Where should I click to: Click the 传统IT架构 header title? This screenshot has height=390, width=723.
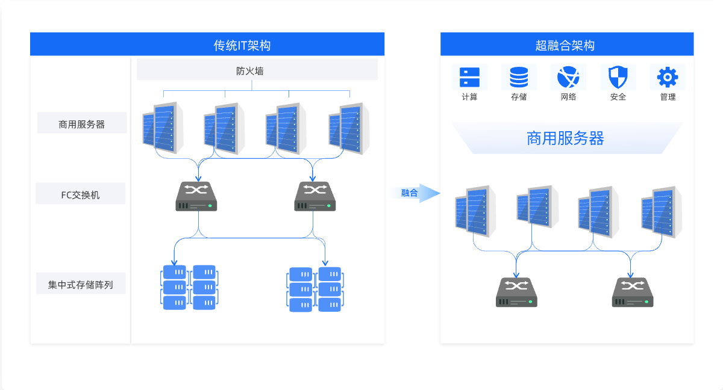point(242,45)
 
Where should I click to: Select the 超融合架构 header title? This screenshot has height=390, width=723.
point(565,45)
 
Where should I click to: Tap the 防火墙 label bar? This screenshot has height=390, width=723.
point(250,70)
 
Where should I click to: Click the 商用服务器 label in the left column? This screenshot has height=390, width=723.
point(82,124)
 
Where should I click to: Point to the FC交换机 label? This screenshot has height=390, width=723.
point(81,194)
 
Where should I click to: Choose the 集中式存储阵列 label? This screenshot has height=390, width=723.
point(81,284)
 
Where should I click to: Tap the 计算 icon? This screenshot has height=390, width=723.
point(469,78)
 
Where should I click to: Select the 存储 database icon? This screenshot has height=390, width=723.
point(519,78)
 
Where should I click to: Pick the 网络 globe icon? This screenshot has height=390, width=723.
point(568,78)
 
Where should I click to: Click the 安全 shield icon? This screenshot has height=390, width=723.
point(618,78)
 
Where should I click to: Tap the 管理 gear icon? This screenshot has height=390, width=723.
point(668,78)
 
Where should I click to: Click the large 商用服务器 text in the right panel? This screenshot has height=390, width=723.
point(565,138)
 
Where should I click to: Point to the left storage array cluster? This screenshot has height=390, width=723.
point(189,287)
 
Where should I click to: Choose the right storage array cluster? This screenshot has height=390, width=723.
point(315,289)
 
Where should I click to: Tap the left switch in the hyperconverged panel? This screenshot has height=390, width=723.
point(516,292)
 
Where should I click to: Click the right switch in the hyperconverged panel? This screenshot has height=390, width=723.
point(633,292)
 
